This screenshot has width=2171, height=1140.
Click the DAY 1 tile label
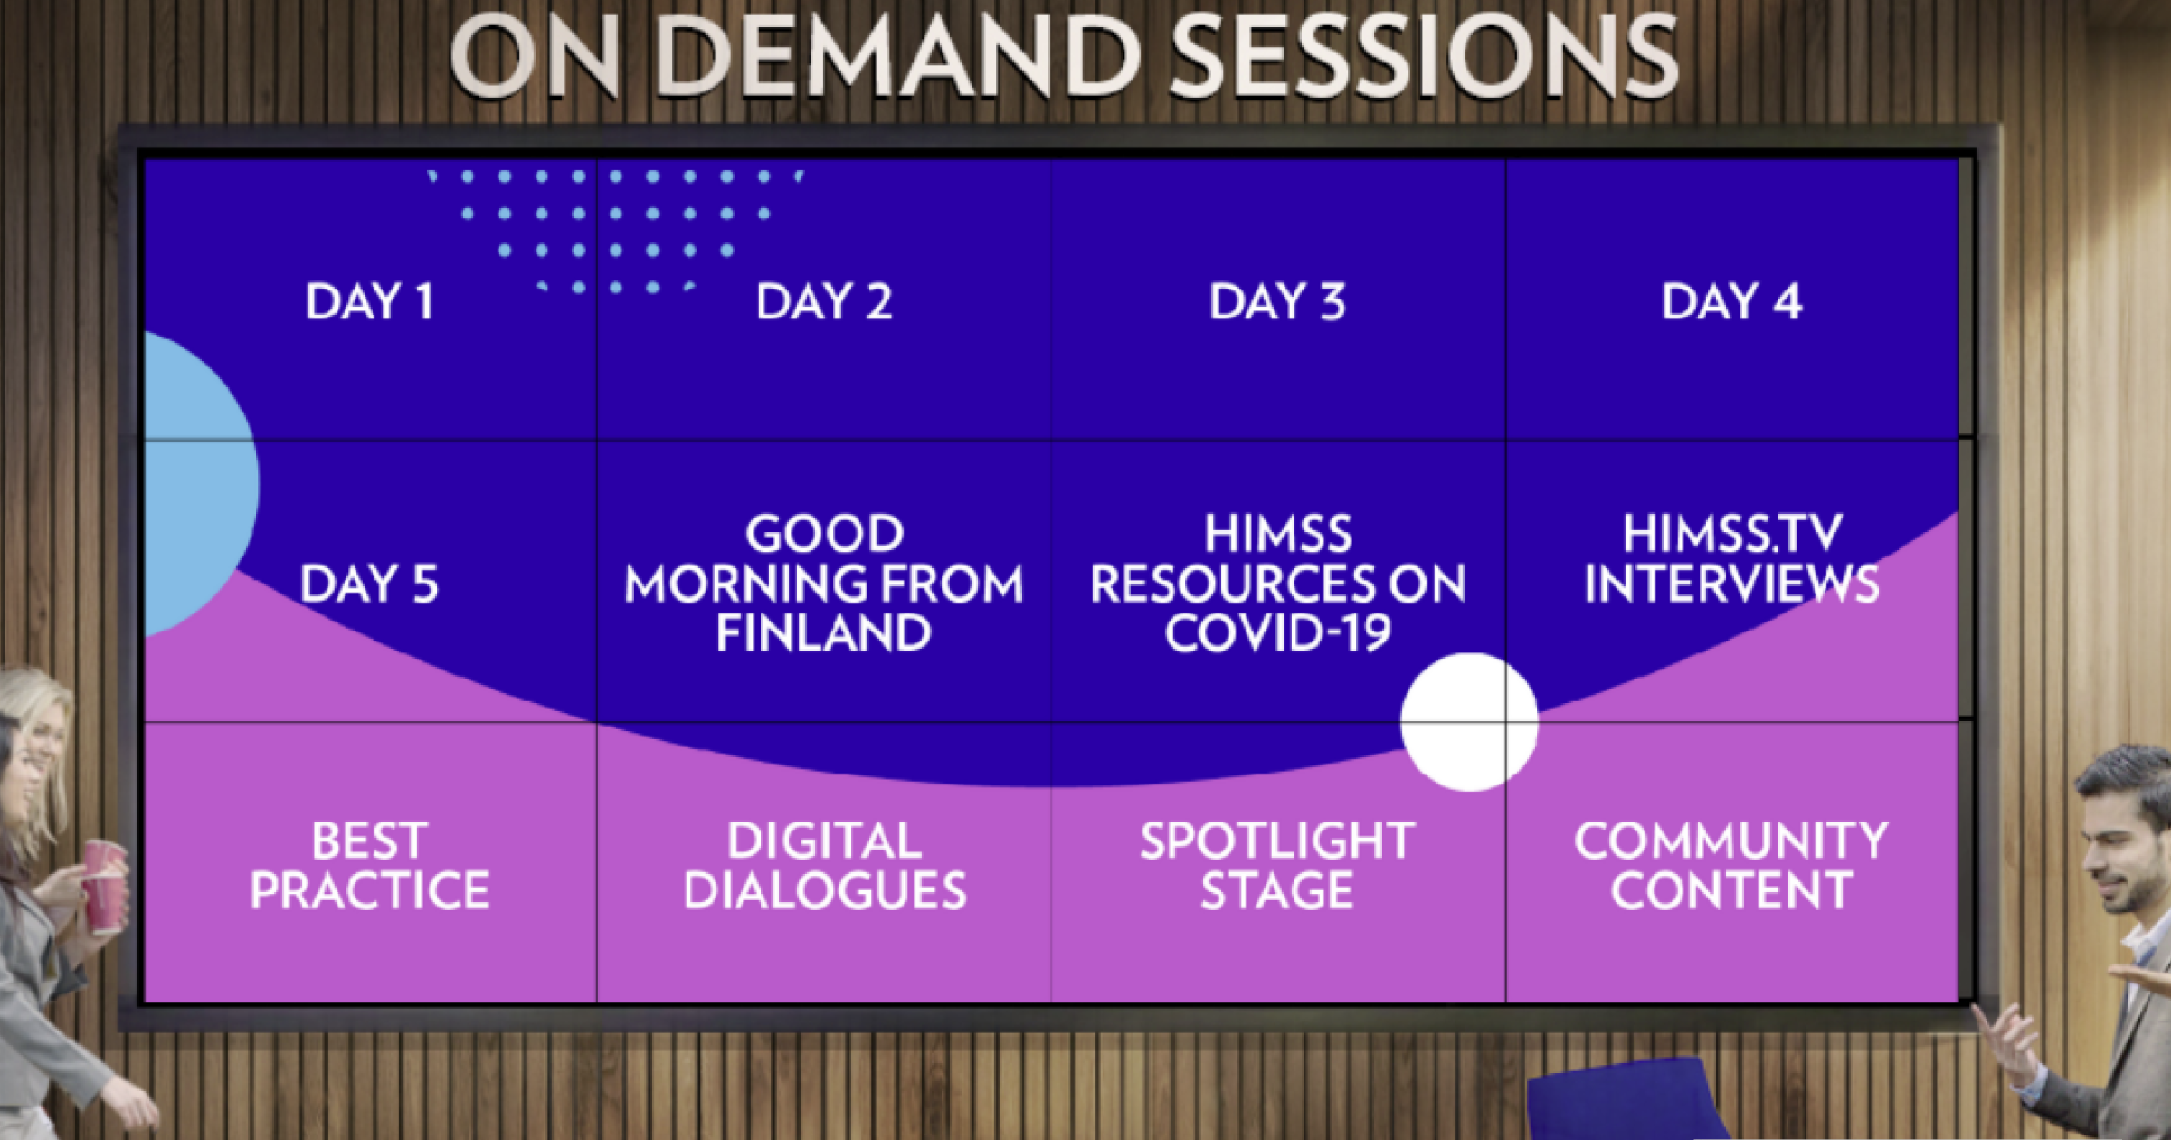tap(370, 301)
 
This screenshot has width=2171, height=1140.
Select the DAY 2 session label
tap(824, 301)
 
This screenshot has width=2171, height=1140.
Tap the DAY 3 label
tap(1277, 301)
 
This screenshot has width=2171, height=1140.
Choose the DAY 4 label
tap(1731, 301)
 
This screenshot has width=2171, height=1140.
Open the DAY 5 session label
tap(369, 584)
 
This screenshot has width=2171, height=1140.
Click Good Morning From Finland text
tap(824, 583)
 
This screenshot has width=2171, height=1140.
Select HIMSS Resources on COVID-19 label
tap(1277, 583)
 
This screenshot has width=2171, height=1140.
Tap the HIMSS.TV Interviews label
tap(1731, 558)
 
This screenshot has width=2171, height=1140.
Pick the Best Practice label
tap(370, 866)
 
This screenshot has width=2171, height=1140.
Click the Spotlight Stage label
tap(1277, 866)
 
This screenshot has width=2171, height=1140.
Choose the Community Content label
tap(1731, 866)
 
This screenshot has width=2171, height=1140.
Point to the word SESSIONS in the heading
tap(1425, 56)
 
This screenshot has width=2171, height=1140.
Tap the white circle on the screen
tap(1469, 722)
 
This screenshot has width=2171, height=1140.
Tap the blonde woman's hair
tap(41, 724)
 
